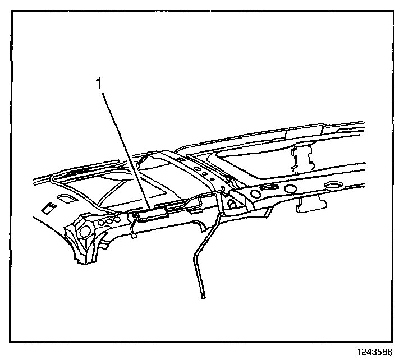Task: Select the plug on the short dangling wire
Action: (x=134, y=236)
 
